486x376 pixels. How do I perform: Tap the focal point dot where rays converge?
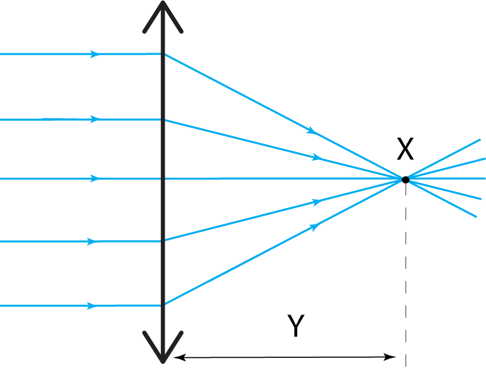pos(404,178)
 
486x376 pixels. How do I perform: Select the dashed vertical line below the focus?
pos(405,273)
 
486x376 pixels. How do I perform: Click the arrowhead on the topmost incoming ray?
pos(95,55)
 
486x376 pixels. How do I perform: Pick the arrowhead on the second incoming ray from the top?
pos(95,119)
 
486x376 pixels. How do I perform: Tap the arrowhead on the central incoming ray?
pos(95,179)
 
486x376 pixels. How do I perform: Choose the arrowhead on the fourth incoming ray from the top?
pos(92,241)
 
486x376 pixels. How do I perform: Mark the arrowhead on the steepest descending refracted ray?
pos(312,130)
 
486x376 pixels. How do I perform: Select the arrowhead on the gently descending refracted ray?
pos(317,158)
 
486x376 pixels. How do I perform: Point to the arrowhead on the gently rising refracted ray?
pos(317,202)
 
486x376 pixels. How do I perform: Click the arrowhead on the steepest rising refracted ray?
pos(315,227)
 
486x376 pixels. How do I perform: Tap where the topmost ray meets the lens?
pos(163,55)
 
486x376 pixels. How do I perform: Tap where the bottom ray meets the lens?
pos(163,305)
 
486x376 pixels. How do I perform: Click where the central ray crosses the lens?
pos(163,179)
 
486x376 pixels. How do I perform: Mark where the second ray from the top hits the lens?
pos(163,119)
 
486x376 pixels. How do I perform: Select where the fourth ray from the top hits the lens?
pos(163,241)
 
